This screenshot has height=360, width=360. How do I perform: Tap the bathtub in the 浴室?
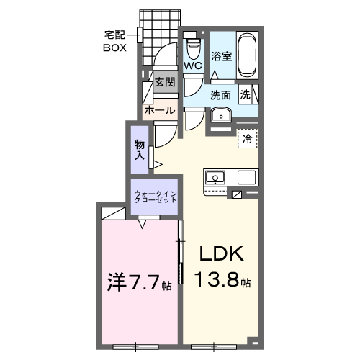click(x=247, y=55)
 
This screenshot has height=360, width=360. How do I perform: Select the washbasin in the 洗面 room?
click(x=221, y=114)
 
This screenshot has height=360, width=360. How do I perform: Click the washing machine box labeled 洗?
click(x=249, y=94)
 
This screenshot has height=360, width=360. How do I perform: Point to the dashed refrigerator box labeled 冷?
click(x=248, y=138)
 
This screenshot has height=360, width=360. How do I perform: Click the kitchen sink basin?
click(x=215, y=178)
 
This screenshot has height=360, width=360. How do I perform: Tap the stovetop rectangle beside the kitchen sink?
click(x=246, y=177)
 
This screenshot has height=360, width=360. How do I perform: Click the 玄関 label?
click(x=165, y=82)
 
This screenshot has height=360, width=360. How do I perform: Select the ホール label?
click(x=160, y=110)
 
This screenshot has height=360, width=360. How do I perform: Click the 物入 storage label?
click(x=140, y=150)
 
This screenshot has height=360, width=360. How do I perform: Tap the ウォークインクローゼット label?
click(x=156, y=197)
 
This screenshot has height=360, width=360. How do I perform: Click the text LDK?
click(x=222, y=254)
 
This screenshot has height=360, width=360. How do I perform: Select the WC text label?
click(x=193, y=66)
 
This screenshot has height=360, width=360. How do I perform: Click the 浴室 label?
click(x=221, y=56)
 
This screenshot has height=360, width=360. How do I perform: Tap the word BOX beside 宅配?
click(x=114, y=48)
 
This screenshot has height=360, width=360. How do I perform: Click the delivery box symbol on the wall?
click(x=140, y=35)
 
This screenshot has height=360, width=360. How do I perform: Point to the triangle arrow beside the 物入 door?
click(x=158, y=165)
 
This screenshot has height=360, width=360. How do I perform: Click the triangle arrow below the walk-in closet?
click(x=143, y=224)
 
